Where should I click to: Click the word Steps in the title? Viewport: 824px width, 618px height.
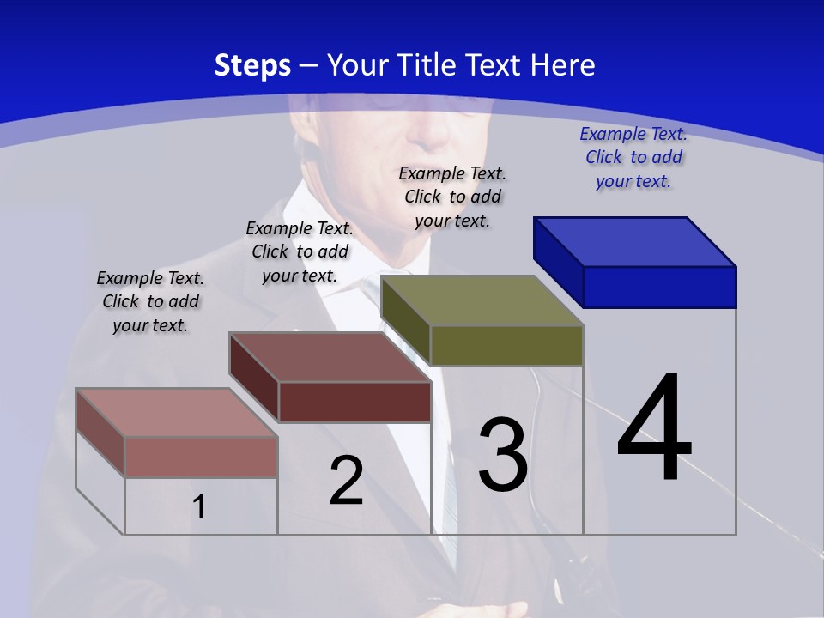coord(252,65)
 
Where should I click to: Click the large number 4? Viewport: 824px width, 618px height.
coord(654,429)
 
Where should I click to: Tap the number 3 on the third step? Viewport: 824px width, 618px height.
coord(503,455)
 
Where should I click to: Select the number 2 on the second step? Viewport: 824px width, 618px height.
coord(346,481)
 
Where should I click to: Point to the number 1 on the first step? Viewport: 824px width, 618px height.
coord(199,507)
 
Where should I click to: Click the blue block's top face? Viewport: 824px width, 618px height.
coord(635,241)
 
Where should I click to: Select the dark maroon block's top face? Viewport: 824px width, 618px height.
coord(330,357)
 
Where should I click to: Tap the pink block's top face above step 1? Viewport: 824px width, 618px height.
coord(177,413)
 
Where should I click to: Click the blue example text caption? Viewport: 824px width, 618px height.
coord(633,157)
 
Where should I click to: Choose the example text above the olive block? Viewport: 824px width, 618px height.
coord(452,197)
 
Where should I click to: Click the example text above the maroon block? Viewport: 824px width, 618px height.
coord(300,251)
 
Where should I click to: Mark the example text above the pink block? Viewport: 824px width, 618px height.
coord(150,301)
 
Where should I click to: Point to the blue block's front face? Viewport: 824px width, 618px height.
coord(660,287)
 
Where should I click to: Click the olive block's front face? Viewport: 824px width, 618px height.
coord(507,345)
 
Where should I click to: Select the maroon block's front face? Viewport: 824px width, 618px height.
coord(354,402)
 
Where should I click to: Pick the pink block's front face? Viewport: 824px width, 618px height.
coord(201,457)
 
